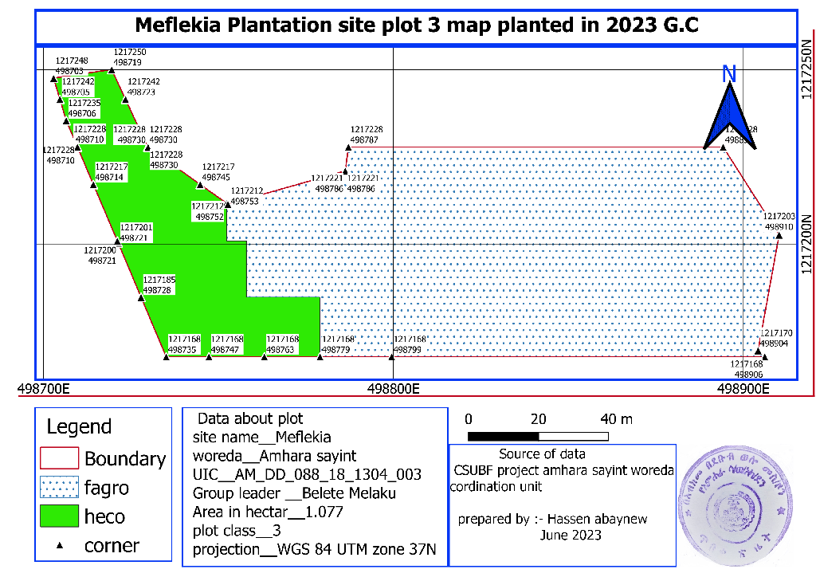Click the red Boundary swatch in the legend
point(60,458)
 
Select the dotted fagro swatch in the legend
point(60,487)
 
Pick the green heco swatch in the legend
point(60,516)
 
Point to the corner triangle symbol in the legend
point(60,546)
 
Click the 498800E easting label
point(393,390)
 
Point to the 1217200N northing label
point(806,244)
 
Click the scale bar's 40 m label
point(615,419)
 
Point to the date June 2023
point(571,536)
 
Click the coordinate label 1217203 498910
point(779,222)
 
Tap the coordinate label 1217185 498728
point(159,285)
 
